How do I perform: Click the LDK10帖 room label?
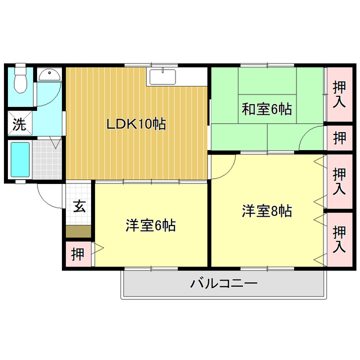click(x=136, y=124)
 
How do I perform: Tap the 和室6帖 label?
click(x=267, y=109)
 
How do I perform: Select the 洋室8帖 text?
click(x=267, y=211)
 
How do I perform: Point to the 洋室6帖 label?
click(x=150, y=226)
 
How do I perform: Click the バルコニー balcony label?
click(x=223, y=283)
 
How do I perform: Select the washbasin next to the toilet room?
click(x=51, y=74)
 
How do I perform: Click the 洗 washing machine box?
click(x=20, y=125)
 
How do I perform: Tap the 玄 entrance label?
click(x=79, y=206)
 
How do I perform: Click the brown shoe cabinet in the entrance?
click(x=78, y=231)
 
